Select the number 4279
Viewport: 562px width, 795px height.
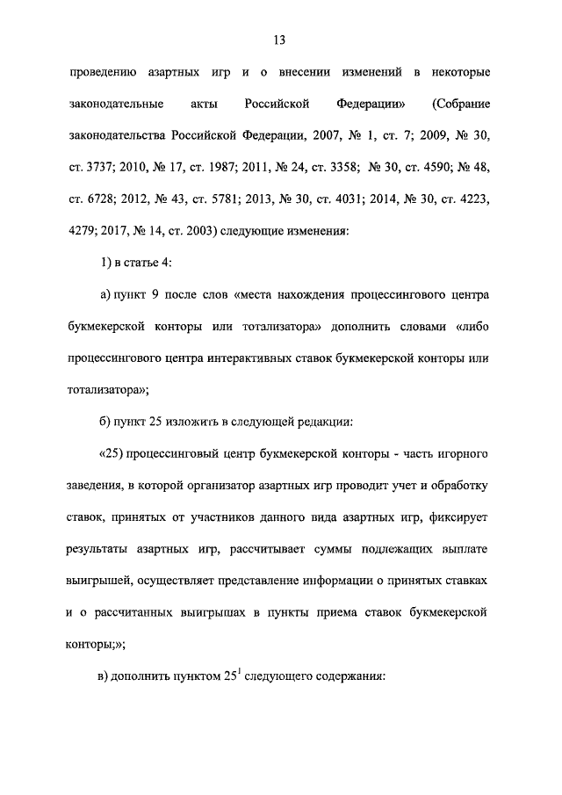tap(82, 234)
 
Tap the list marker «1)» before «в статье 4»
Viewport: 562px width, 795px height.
tap(106, 265)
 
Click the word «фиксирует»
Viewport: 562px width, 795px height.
tap(464, 517)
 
